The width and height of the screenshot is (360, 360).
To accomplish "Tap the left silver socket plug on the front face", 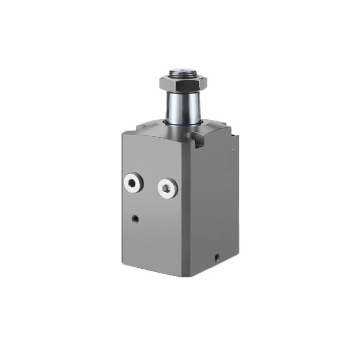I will pyautogui.click(x=132, y=183).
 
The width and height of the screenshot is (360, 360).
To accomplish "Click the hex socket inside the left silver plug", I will pyautogui.click(x=132, y=183).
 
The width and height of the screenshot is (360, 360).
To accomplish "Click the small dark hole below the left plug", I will pyautogui.click(x=135, y=219).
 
